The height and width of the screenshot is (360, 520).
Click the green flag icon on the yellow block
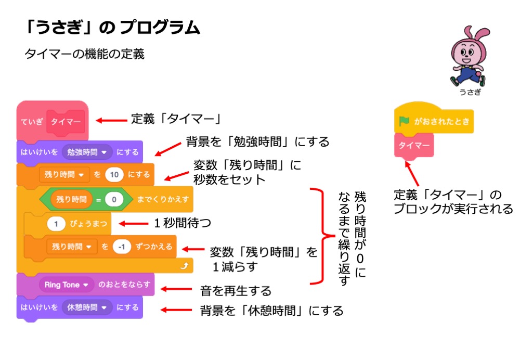(x=404, y=121)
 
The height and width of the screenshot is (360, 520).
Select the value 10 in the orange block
(x=114, y=175)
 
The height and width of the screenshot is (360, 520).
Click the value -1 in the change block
(x=121, y=247)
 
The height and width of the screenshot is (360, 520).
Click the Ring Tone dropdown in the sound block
(x=66, y=285)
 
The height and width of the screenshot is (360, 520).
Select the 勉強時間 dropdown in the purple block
(x=87, y=152)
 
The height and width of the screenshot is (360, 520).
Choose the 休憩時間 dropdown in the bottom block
(x=87, y=307)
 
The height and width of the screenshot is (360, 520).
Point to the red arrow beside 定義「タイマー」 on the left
(x=112, y=120)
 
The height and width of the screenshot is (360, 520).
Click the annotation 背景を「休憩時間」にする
(x=272, y=311)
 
